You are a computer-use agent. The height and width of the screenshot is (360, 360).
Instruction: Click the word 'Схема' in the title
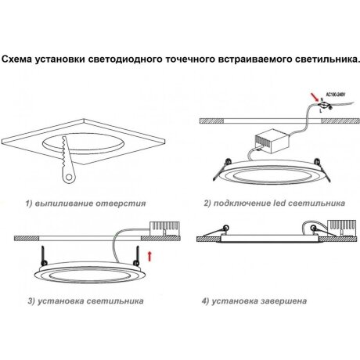point(22,59)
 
